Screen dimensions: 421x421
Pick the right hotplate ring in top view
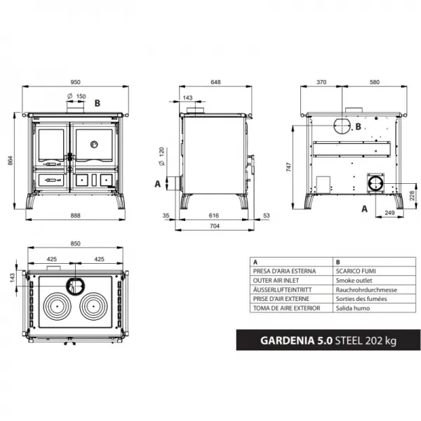click(95, 307)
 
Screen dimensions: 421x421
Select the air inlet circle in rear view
click(375, 184)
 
